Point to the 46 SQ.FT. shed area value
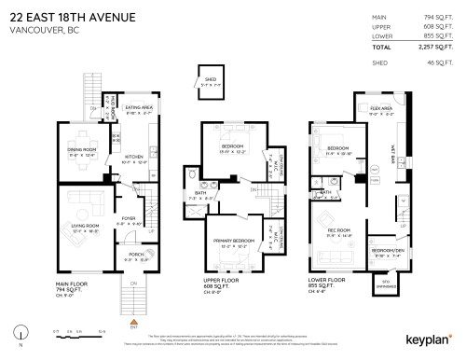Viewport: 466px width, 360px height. click(x=440, y=63)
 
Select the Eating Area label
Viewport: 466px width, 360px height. click(x=140, y=108)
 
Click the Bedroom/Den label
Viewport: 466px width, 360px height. click(x=386, y=250)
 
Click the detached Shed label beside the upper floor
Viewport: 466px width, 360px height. click(x=210, y=79)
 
